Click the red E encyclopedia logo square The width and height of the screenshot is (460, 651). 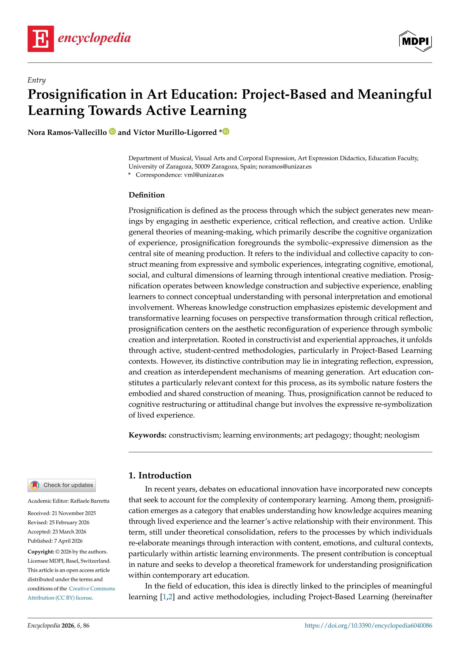tap(40, 39)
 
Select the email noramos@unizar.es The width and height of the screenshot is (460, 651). tap(285, 167)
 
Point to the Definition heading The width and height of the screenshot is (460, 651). tap(147, 195)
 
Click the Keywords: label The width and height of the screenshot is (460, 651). tap(147, 435)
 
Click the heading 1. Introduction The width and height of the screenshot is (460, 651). tap(160, 476)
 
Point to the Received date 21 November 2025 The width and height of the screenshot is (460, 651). tap(74, 513)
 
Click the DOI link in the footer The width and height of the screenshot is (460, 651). tap(368, 626)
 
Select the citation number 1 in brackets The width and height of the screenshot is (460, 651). tap(164, 597)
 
